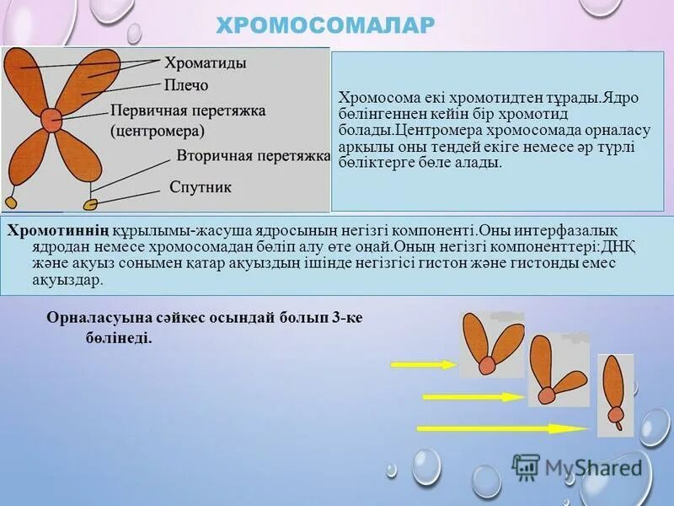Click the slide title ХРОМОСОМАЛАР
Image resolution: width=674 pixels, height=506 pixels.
pyautogui.click(x=325, y=25)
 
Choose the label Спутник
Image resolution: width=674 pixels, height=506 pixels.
pyautogui.click(x=200, y=186)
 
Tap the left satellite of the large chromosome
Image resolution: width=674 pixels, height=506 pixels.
pyautogui.click(x=12, y=202)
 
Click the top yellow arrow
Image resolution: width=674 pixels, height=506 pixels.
pyautogui.click(x=424, y=364)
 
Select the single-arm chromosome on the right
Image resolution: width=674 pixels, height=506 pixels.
pyautogui.click(x=616, y=394)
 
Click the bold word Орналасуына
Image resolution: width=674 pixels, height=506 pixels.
pyautogui.click(x=92, y=317)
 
